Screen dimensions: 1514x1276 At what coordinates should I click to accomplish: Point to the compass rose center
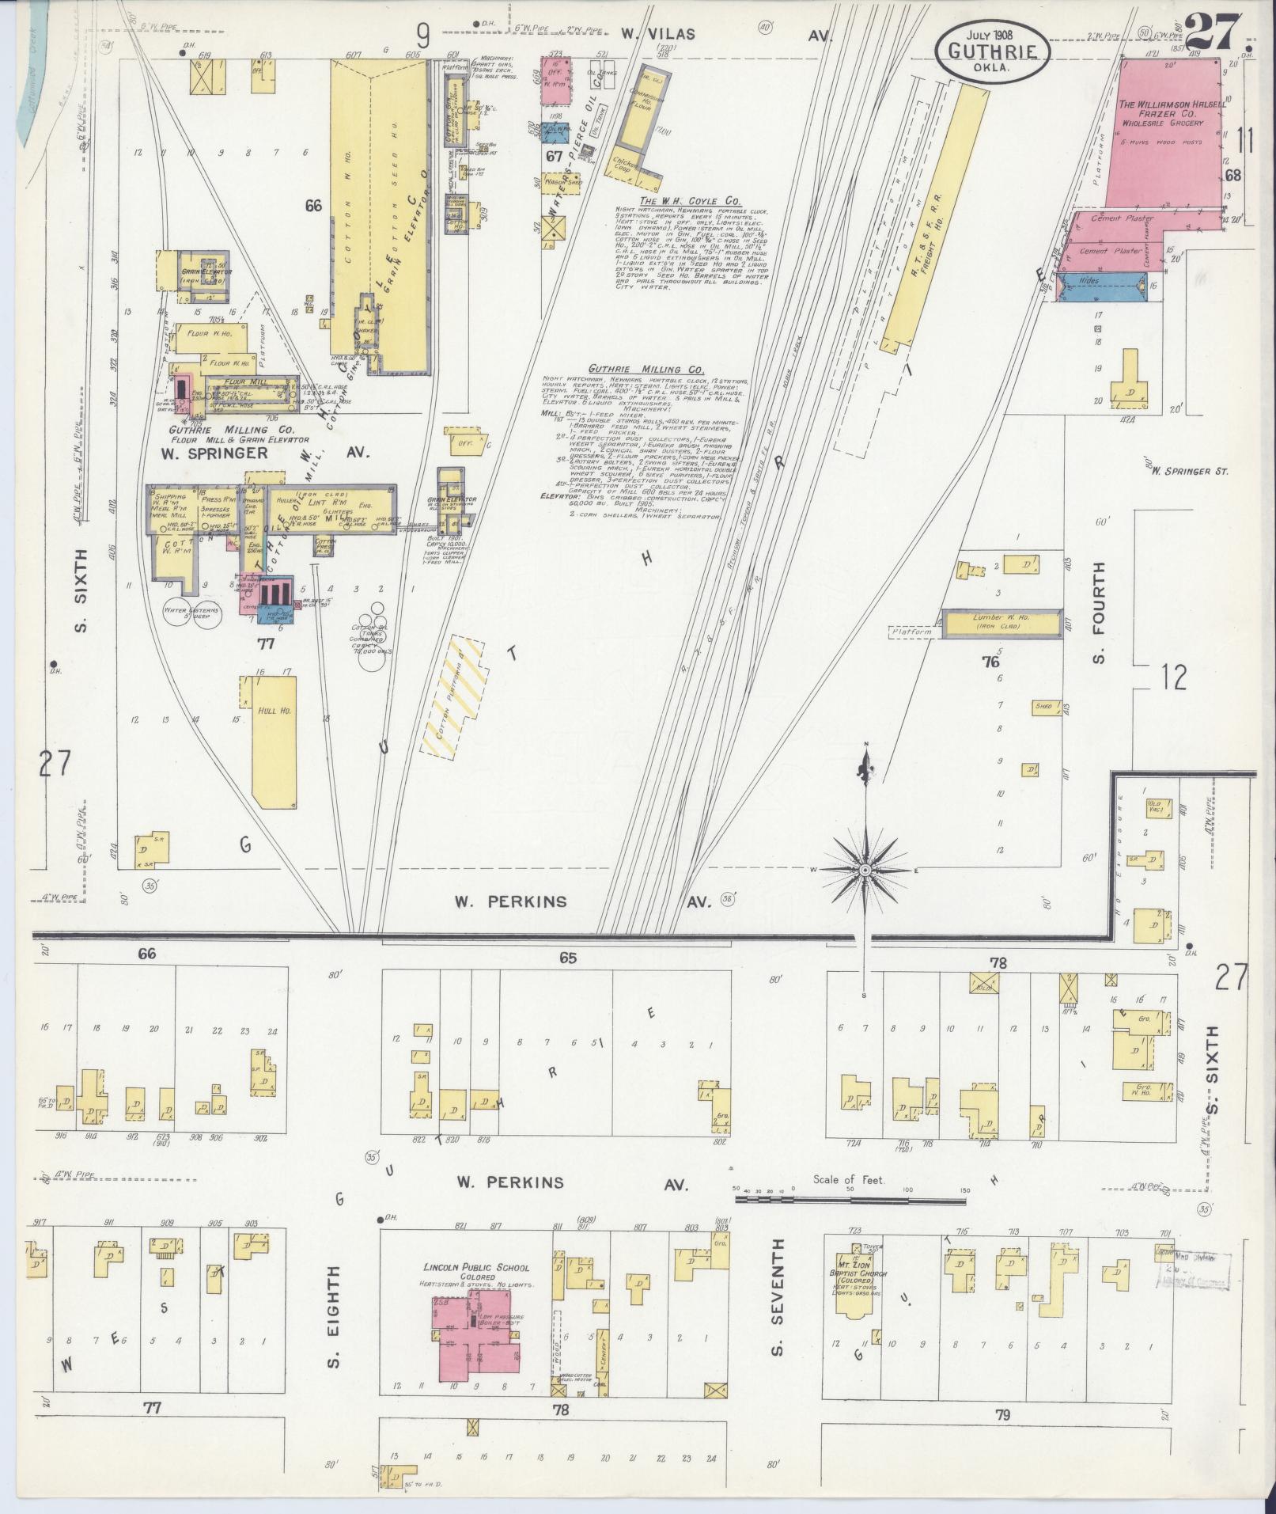865,870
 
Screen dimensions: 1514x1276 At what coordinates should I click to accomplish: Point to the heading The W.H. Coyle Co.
681,201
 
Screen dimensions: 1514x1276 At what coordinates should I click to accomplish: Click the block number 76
990,662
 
